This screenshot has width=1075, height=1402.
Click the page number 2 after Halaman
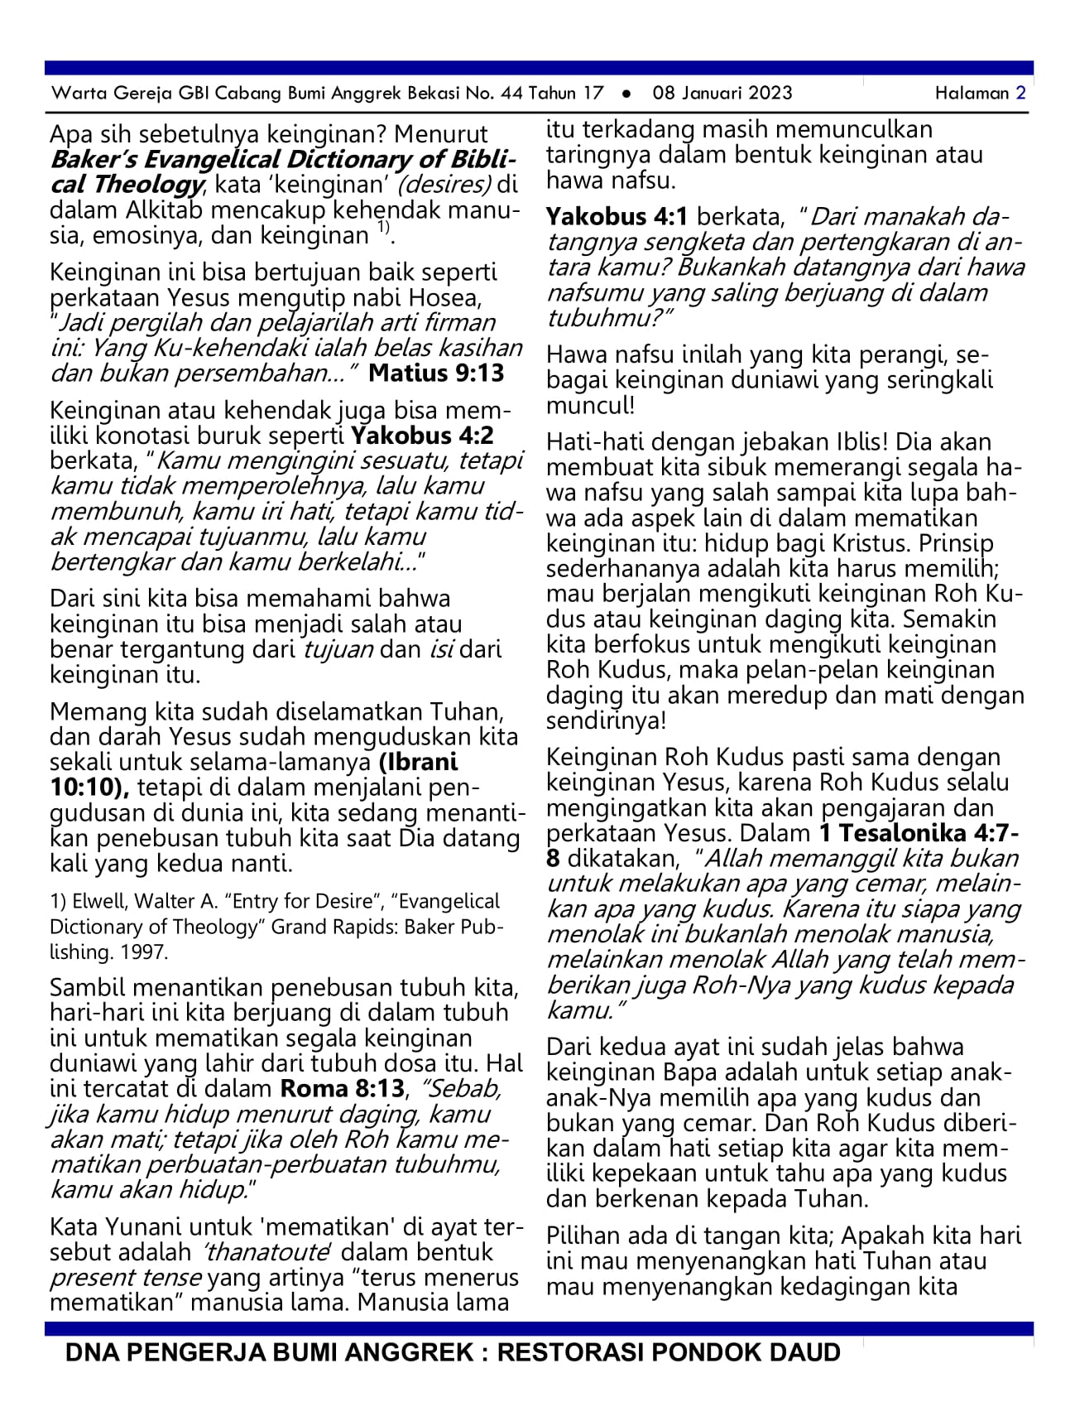coord(1021,93)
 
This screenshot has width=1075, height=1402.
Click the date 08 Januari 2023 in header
coord(722,93)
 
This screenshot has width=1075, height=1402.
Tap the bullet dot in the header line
coord(626,94)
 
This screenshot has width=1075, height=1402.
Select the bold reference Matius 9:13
coord(436,373)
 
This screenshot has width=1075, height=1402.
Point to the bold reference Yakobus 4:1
coord(617,217)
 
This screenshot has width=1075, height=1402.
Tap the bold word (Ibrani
coord(419,762)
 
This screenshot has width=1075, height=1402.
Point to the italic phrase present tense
coord(126,1277)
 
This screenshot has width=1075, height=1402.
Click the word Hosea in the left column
coord(452,297)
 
